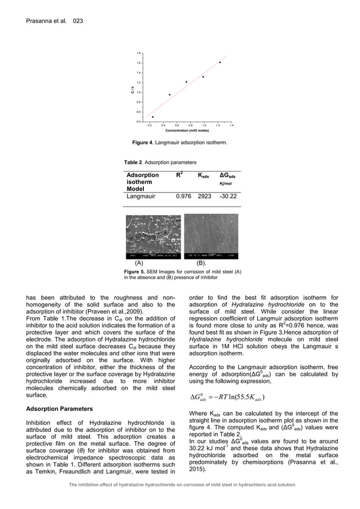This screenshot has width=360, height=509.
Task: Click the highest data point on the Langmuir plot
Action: tap(219, 63)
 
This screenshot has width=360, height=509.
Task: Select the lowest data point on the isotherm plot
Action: tap(153, 117)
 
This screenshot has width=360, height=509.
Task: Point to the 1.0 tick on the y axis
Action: tap(139, 93)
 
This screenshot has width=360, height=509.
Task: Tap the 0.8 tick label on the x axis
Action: tap(190, 125)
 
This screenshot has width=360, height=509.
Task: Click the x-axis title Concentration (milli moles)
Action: tap(187, 130)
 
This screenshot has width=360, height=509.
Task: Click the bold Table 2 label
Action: tap(135, 163)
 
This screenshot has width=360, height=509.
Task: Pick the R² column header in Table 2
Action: tap(179, 175)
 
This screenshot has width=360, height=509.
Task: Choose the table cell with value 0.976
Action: tap(183, 196)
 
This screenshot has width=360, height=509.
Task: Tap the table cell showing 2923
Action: tap(204, 196)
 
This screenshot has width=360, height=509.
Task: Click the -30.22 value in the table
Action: tap(228, 196)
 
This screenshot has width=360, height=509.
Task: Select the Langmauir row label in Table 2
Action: tap(141, 196)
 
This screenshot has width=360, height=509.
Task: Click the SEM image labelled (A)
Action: tap(153, 236)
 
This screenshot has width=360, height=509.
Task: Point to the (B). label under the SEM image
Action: tap(201, 264)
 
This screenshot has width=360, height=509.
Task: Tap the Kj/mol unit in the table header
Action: tap(226, 183)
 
